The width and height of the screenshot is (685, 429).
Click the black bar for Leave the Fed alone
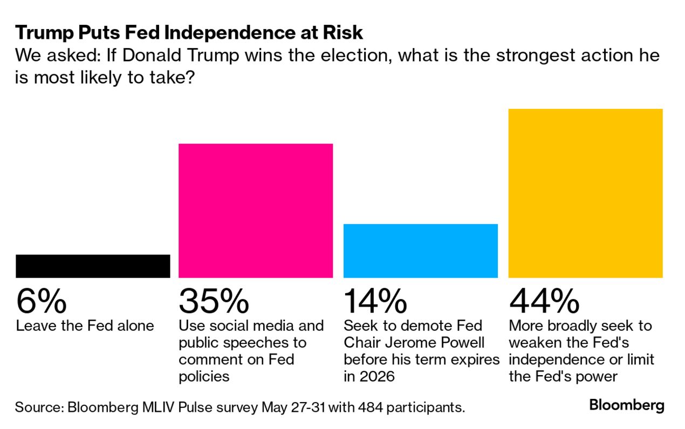point(93,266)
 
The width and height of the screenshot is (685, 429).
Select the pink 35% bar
point(256,211)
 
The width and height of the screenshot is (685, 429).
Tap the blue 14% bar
point(421,251)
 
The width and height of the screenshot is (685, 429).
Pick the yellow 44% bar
point(585,193)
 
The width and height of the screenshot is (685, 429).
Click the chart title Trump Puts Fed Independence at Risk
point(189,33)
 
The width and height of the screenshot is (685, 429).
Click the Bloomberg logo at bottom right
point(626,405)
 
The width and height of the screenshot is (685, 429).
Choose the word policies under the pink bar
point(204,376)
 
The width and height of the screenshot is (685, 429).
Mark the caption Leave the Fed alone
point(85,326)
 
